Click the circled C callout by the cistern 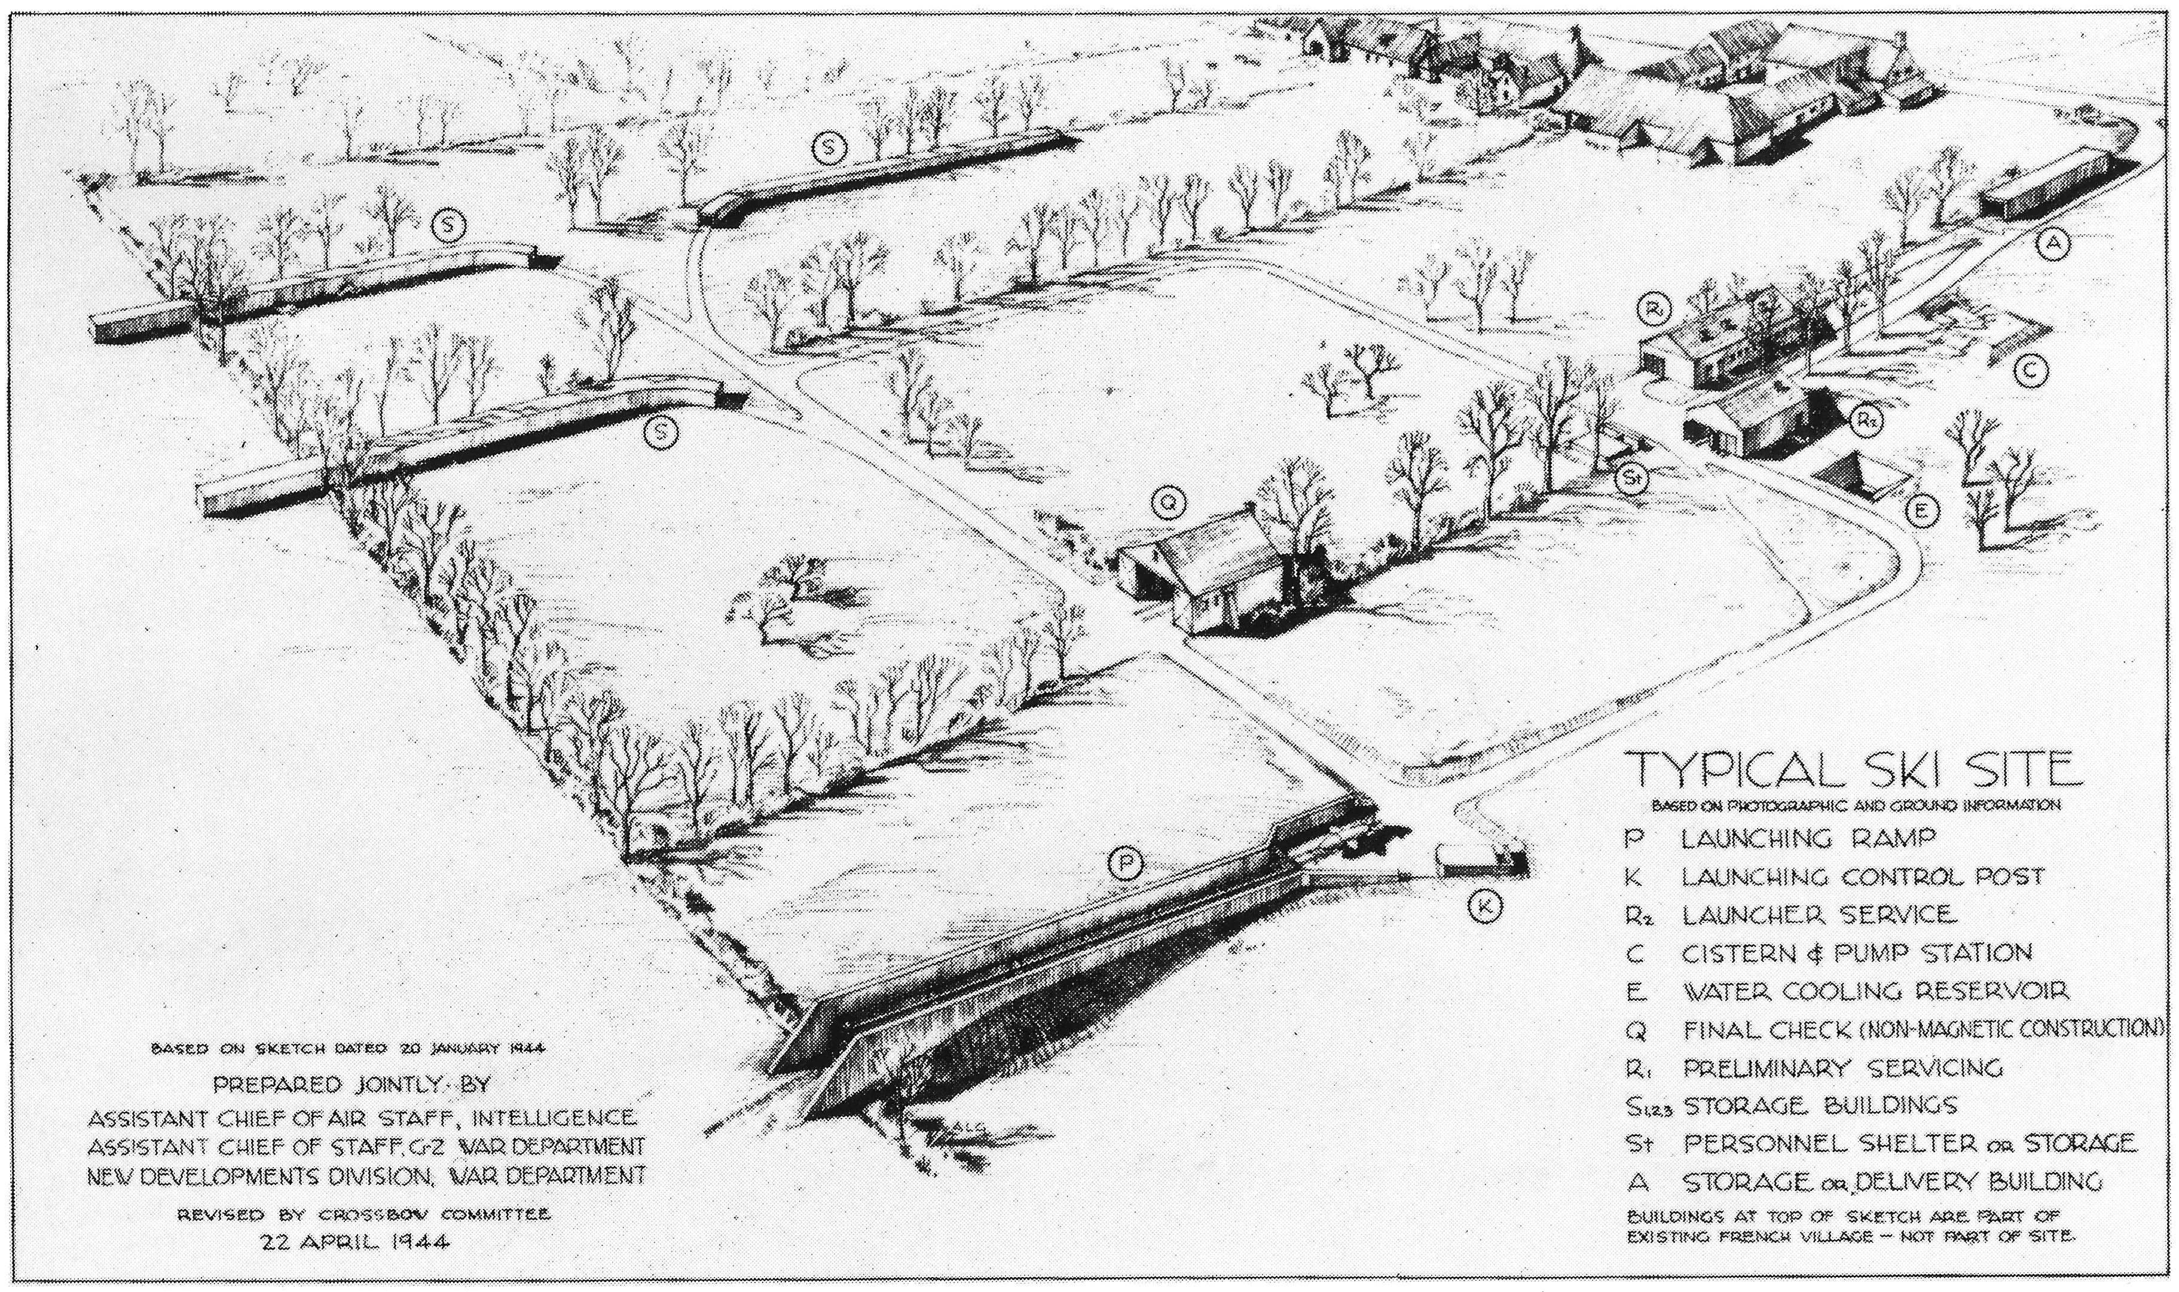tap(2030, 372)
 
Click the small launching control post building tap(1480, 860)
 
